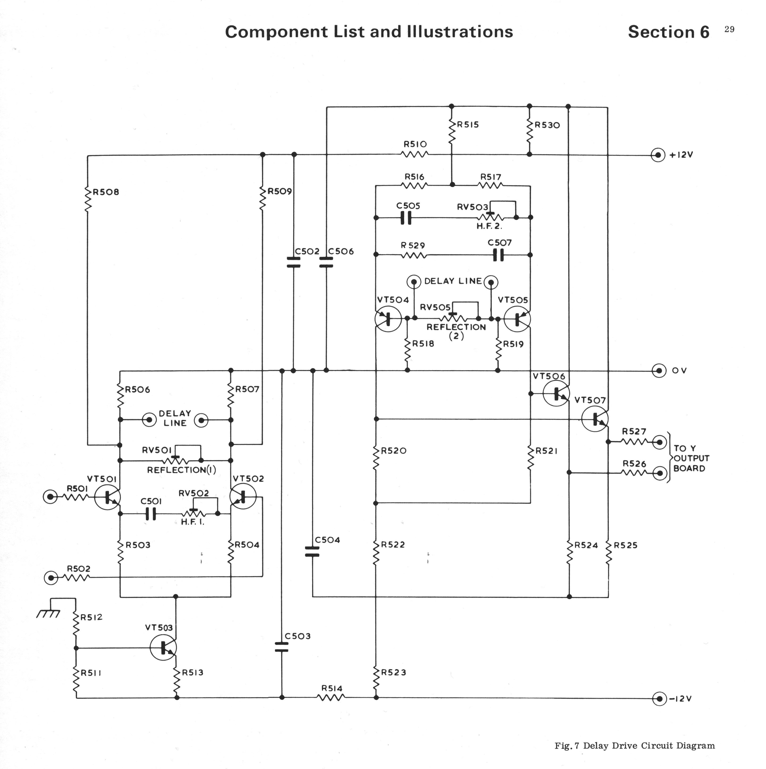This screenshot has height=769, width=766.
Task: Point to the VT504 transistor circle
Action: click(388, 318)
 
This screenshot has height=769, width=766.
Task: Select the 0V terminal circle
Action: click(659, 371)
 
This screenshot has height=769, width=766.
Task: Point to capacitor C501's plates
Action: click(151, 514)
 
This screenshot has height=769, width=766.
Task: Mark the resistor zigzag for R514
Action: click(331, 697)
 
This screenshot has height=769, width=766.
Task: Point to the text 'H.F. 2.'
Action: click(489, 226)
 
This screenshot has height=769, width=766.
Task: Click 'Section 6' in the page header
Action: click(669, 32)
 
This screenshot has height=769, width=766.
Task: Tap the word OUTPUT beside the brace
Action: click(691, 458)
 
